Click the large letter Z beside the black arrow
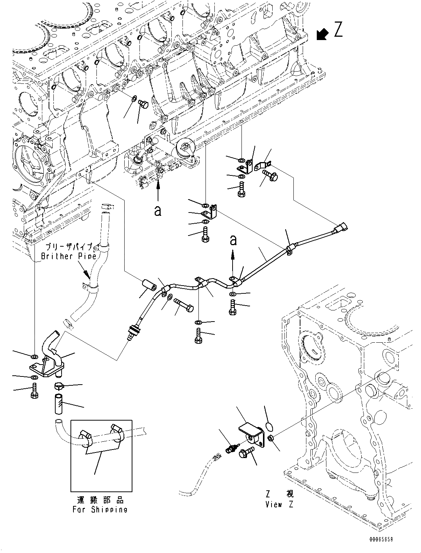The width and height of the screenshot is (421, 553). (338, 30)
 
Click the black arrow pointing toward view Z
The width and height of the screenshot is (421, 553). (322, 34)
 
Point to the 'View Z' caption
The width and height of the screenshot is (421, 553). (279, 504)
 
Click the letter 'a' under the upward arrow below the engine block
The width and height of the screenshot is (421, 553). (158, 211)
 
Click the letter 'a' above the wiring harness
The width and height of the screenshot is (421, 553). (233, 240)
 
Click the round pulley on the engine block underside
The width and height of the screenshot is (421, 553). (185, 148)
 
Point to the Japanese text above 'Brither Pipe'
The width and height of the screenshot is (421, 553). (70, 247)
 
